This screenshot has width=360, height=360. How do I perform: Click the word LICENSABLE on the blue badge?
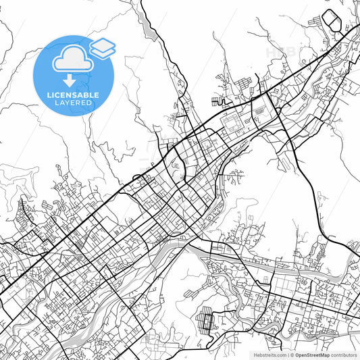click(x=73, y=95)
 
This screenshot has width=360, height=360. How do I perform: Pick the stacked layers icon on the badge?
click(x=102, y=47)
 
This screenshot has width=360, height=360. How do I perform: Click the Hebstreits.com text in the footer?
click(x=269, y=355)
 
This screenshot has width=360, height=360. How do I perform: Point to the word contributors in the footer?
click(x=344, y=355)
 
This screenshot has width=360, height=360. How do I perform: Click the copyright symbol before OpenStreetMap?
click(x=292, y=355)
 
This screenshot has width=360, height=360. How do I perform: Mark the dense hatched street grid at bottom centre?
click(x=206, y=318)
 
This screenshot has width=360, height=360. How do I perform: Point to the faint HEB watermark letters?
click(x=281, y=52)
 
